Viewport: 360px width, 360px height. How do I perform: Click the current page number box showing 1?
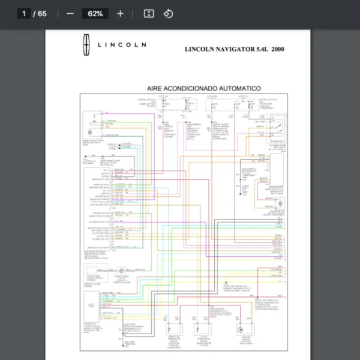(25, 13)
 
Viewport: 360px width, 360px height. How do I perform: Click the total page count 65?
(42, 13)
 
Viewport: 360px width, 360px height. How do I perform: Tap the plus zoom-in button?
(120, 13)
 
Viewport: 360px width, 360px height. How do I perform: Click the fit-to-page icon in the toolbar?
(149, 13)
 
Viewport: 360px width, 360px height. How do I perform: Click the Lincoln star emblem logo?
(86, 44)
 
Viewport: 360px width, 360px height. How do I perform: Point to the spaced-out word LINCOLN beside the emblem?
(122, 45)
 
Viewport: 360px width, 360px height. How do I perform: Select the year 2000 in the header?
(278, 49)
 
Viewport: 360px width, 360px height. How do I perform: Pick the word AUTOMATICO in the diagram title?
(239, 88)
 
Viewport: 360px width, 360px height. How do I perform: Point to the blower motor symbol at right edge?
(280, 205)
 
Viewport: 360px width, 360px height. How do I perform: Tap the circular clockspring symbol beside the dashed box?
(121, 272)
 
